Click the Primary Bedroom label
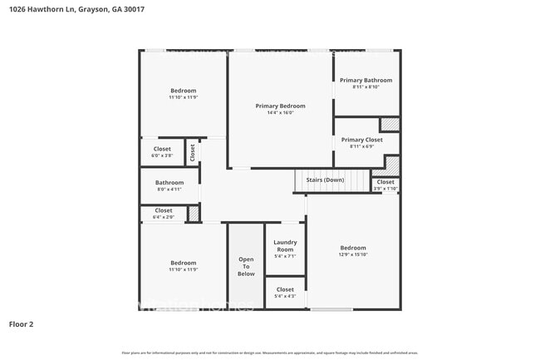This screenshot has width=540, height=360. (280, 106)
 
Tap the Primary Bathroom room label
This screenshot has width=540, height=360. (366, 80)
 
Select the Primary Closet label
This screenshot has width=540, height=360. (362, 140)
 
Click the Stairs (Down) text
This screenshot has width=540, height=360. (325, 180)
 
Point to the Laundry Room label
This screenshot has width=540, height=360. (285, 246)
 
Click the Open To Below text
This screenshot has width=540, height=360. (246, 265)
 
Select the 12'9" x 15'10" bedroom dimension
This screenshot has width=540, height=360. (352, 255)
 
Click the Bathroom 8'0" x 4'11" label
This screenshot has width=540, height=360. (169, 185)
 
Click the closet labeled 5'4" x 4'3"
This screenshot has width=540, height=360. (285, 293)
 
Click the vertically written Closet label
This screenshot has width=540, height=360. (192, 152)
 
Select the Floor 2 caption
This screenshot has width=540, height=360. (22, 324)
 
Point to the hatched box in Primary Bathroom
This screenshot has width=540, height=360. (390, 124)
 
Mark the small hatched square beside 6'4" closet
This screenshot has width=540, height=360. (194, 214)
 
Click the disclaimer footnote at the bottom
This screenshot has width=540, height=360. (270, 353)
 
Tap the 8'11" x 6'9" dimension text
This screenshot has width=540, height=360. (362, 146)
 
